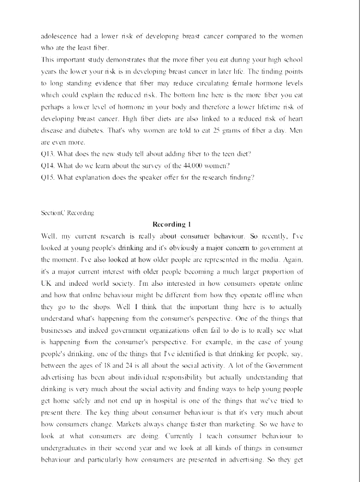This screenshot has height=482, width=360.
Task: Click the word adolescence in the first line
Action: click(x=58, y=36)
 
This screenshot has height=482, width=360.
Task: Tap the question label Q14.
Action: click(x=48, y=166)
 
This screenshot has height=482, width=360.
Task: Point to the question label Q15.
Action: click(x=48, y=178)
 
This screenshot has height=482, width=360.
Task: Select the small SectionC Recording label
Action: click(x=67, y=213)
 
